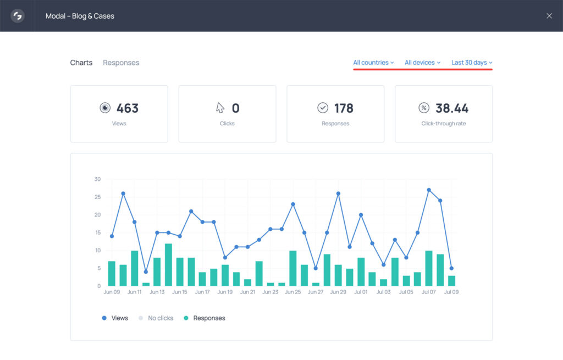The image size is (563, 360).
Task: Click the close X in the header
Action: click(549, 16)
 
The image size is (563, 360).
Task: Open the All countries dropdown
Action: click(373, 63)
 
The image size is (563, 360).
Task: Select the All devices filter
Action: click(422, 63)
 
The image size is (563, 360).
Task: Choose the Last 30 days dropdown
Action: click(472, 63)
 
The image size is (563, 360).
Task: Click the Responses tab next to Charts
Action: click(121, 63)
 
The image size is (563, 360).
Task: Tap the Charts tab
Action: click(81, 63)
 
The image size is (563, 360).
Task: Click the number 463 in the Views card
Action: click(127, 108)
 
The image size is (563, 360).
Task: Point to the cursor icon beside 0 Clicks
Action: click(220, 108)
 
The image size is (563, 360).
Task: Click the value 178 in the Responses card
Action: click(344, 108)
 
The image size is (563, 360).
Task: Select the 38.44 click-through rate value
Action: click(452, 108)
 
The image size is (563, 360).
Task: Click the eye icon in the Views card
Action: click(105, 108)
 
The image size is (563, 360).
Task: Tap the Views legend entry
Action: click(115, 318)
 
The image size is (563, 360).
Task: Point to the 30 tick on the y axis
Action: click(97, 179)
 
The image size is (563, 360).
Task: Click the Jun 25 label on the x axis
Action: click(293, 292)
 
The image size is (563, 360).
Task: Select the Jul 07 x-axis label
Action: click(429, 292)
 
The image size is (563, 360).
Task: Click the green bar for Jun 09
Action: click(112, 274)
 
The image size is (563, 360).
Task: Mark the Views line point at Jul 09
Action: click(451, 268)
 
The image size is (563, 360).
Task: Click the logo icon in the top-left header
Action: click(18, 16)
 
